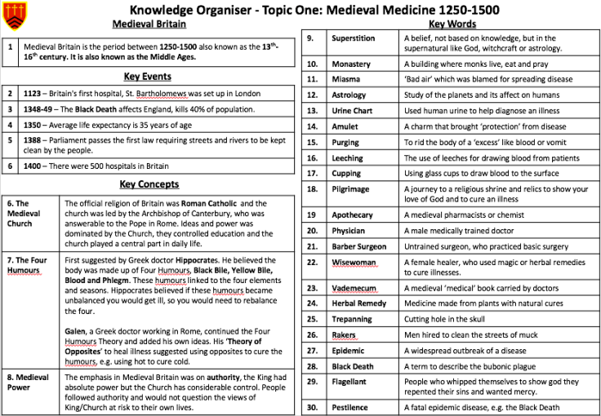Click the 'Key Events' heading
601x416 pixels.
point(147,77)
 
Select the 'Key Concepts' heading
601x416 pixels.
point(149,184)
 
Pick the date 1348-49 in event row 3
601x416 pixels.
point(40,109)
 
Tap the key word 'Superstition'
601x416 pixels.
point(354,38)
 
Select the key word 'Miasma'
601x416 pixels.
point(347,79)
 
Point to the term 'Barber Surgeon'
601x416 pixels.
point(359,246)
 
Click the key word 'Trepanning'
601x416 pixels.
point(353,319)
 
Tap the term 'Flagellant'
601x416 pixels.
point(349,381)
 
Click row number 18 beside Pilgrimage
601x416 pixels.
point(312,189)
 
